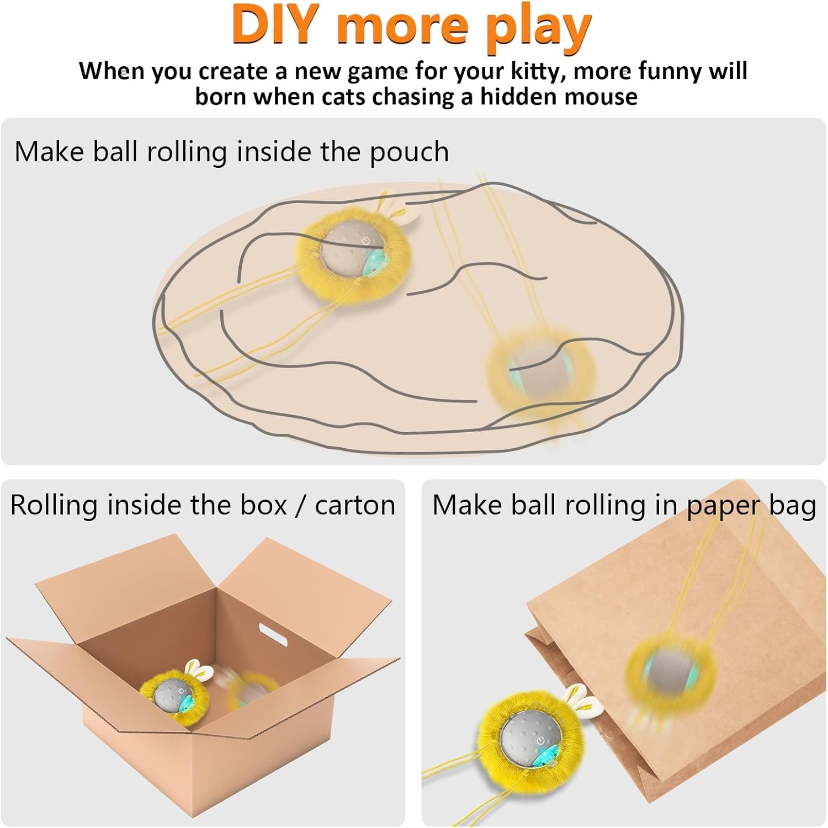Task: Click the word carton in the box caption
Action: coord(355,506)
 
